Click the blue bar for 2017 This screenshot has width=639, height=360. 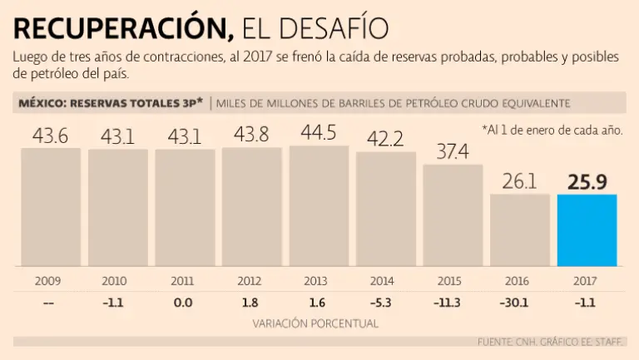(587, 230)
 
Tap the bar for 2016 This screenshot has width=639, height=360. (520, 230)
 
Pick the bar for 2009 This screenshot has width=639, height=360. (50, 207)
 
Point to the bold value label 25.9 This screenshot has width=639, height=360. (587, 181)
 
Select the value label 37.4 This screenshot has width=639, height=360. (453, 151)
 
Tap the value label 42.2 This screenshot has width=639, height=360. (385, 139)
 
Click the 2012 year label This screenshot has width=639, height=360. (249, 281)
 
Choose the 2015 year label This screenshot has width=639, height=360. (450, 281)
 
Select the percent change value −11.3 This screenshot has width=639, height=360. (450, 303)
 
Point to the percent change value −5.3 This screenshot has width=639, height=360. (383, 303)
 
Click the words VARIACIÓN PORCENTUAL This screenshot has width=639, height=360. (315, 323)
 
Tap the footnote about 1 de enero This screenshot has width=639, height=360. (552, 130)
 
